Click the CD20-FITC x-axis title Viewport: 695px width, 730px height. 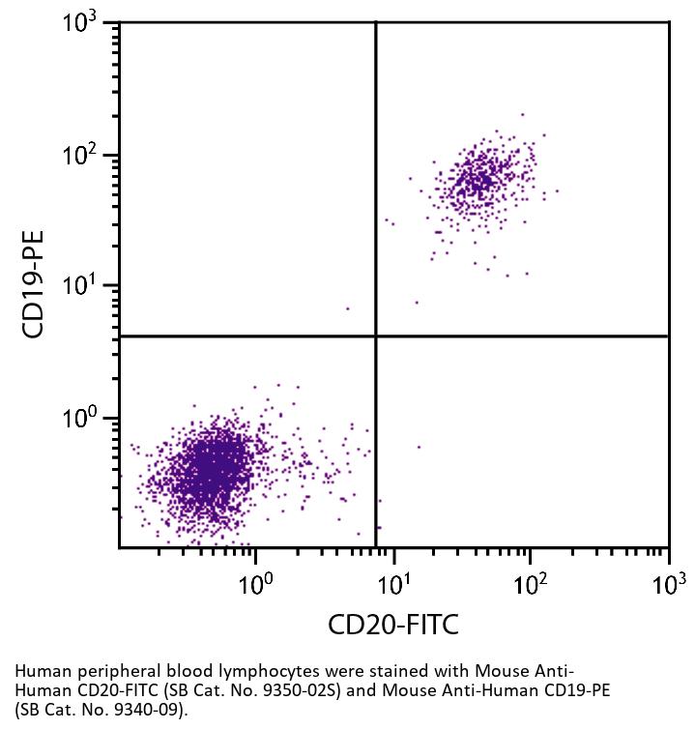click(x=393, y=625)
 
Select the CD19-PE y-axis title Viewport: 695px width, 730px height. click(x=36, y=283)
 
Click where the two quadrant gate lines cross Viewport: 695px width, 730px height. click(x=375, y=336)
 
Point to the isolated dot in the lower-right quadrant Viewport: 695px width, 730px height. click(x=419, y=447)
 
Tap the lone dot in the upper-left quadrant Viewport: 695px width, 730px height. click(x=347, y=308)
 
